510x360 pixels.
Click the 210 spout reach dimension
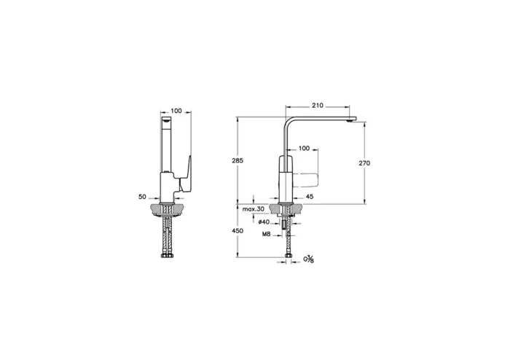pyautogui.click(x=317, y=106)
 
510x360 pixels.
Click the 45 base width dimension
pyautogui.click(x=310, y=197)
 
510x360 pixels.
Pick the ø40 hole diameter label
pyautogui.click(x=264, y=222)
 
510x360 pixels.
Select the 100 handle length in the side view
pyautogui.click(x=304, y=149)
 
